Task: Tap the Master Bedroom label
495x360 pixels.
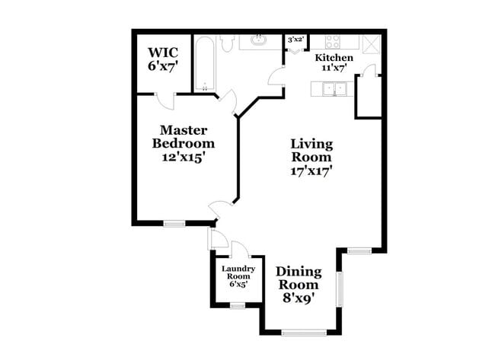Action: [x=184, y=136]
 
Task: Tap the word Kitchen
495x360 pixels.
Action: [x=334, y=58]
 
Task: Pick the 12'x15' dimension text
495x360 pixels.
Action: [x=184, y=158]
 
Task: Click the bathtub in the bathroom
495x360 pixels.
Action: [x=204, y=65]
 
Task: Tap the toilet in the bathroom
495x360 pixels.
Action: [x=226, y=43]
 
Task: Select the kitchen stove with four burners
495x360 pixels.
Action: [x=336, y=41]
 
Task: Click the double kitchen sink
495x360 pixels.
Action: [x=333, y=90]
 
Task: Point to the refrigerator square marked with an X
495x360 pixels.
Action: [x=371, y=42]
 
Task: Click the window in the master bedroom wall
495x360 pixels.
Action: [x=174, y=223]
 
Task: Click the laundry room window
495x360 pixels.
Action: [x=237, y=306]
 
